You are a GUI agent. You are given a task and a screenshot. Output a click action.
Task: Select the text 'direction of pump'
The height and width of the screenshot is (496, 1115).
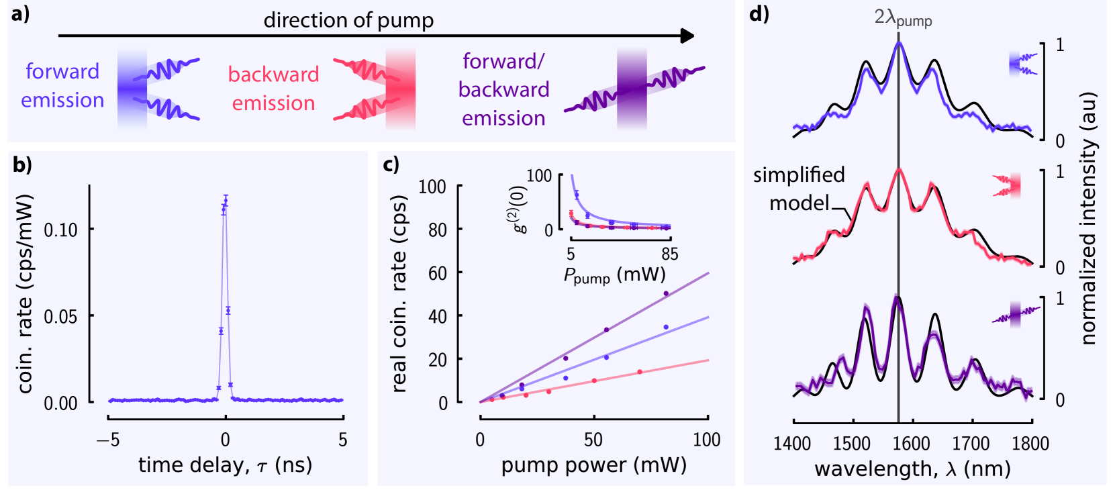coord(348,20)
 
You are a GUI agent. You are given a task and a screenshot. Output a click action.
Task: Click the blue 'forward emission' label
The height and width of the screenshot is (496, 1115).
coord(62,86)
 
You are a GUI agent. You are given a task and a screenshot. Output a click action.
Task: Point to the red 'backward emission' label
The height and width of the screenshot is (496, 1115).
coord(273,89)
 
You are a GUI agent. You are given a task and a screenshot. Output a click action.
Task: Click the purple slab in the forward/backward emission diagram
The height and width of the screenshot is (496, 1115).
coord(632,89)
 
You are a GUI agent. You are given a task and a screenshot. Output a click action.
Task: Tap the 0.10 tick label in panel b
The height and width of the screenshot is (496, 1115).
coord(60,230)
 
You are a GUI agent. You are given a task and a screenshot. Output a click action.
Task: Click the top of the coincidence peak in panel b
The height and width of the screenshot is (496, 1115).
coord(226,197)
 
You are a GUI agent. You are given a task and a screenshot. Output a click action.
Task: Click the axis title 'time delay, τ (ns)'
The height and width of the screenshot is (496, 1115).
coord(225,465)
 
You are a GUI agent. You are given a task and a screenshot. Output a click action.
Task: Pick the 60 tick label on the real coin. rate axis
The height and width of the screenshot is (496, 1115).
coord(437,273)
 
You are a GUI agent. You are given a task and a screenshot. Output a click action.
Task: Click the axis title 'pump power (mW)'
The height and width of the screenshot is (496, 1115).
coord(593,465)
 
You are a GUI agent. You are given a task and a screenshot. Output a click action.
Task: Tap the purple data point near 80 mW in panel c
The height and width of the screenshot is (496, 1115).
coord(666,293)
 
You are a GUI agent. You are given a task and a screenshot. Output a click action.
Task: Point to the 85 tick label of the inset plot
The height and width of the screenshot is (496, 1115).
coord(669,254)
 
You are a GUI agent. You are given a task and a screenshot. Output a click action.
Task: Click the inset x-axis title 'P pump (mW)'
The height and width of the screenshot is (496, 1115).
coord(614,276)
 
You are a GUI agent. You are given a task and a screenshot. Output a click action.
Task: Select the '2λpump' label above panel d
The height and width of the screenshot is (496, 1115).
coord(902,18)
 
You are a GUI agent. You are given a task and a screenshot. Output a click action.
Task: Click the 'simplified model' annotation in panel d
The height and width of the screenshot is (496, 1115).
coord(799,189)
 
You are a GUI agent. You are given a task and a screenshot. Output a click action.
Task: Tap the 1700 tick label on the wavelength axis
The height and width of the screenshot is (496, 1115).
coord(971,444)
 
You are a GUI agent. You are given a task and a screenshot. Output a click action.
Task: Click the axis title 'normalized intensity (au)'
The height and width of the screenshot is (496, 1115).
coord(1088,218)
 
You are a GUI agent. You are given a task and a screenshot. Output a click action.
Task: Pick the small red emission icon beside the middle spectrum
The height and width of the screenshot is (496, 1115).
coord(1008,185)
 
